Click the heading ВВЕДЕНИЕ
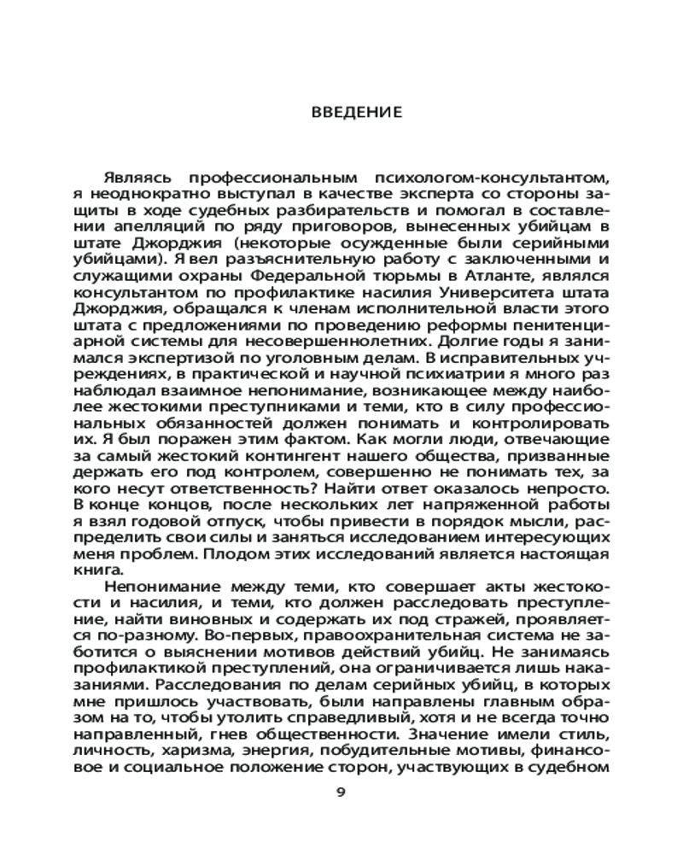[341, 112]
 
